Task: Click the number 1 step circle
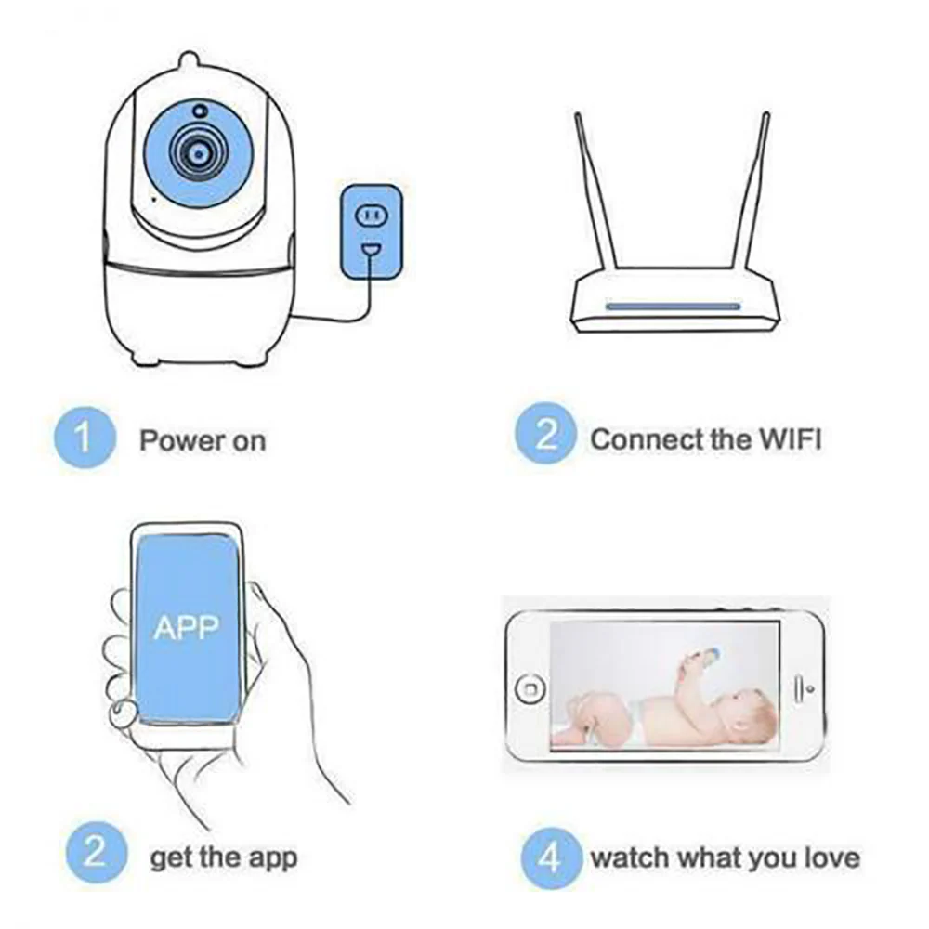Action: point(85,438)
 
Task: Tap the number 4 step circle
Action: point(550,857)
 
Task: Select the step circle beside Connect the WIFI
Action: point(545,434)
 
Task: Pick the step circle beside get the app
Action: point(96,853)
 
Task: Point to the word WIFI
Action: point(791,439)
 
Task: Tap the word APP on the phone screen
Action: point(186,628)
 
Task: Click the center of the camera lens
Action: point(199,154)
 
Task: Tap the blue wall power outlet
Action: point(371,231)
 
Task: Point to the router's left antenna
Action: point(595,190)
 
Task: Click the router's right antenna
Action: point(751,190)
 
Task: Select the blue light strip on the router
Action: point(673,307)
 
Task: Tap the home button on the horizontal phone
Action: point(530,689)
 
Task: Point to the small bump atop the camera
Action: point(189,60)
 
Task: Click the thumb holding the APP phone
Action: point(124,713)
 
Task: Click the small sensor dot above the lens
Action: point(201,111)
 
